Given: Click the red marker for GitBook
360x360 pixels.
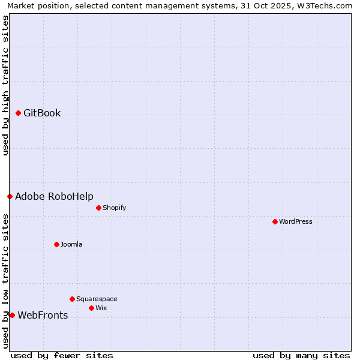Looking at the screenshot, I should [18, 113].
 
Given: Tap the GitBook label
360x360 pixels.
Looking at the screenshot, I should [42, 113].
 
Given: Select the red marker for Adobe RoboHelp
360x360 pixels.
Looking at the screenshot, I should [10, 196].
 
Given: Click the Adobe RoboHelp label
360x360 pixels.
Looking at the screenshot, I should [54, 197].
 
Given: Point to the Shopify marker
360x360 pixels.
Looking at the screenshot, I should [98, 208].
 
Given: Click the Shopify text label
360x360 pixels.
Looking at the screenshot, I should [114, 208].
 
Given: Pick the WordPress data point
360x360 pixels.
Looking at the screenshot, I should [275, 221].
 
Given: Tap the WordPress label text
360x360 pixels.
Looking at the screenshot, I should [295, 222].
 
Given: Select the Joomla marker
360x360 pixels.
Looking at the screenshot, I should [56, 244].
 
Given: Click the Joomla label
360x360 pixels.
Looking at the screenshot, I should [71, 245].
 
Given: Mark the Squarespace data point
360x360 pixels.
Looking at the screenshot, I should [72, 299].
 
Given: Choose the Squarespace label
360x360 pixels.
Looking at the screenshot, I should [97, 299].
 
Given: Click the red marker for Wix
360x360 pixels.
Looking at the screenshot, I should [91, 308].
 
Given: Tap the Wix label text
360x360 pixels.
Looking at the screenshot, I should [101, 308].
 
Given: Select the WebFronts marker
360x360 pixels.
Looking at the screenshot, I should [12, 315].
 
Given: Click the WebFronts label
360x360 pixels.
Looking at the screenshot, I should [43, 316].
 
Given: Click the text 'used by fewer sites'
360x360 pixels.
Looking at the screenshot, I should [62, 355].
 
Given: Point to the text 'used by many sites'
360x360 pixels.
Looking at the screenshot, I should [301, 355].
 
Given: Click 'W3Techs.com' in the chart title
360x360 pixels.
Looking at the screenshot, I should [326, 6].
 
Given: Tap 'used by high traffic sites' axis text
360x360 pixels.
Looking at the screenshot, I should [6, 85].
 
